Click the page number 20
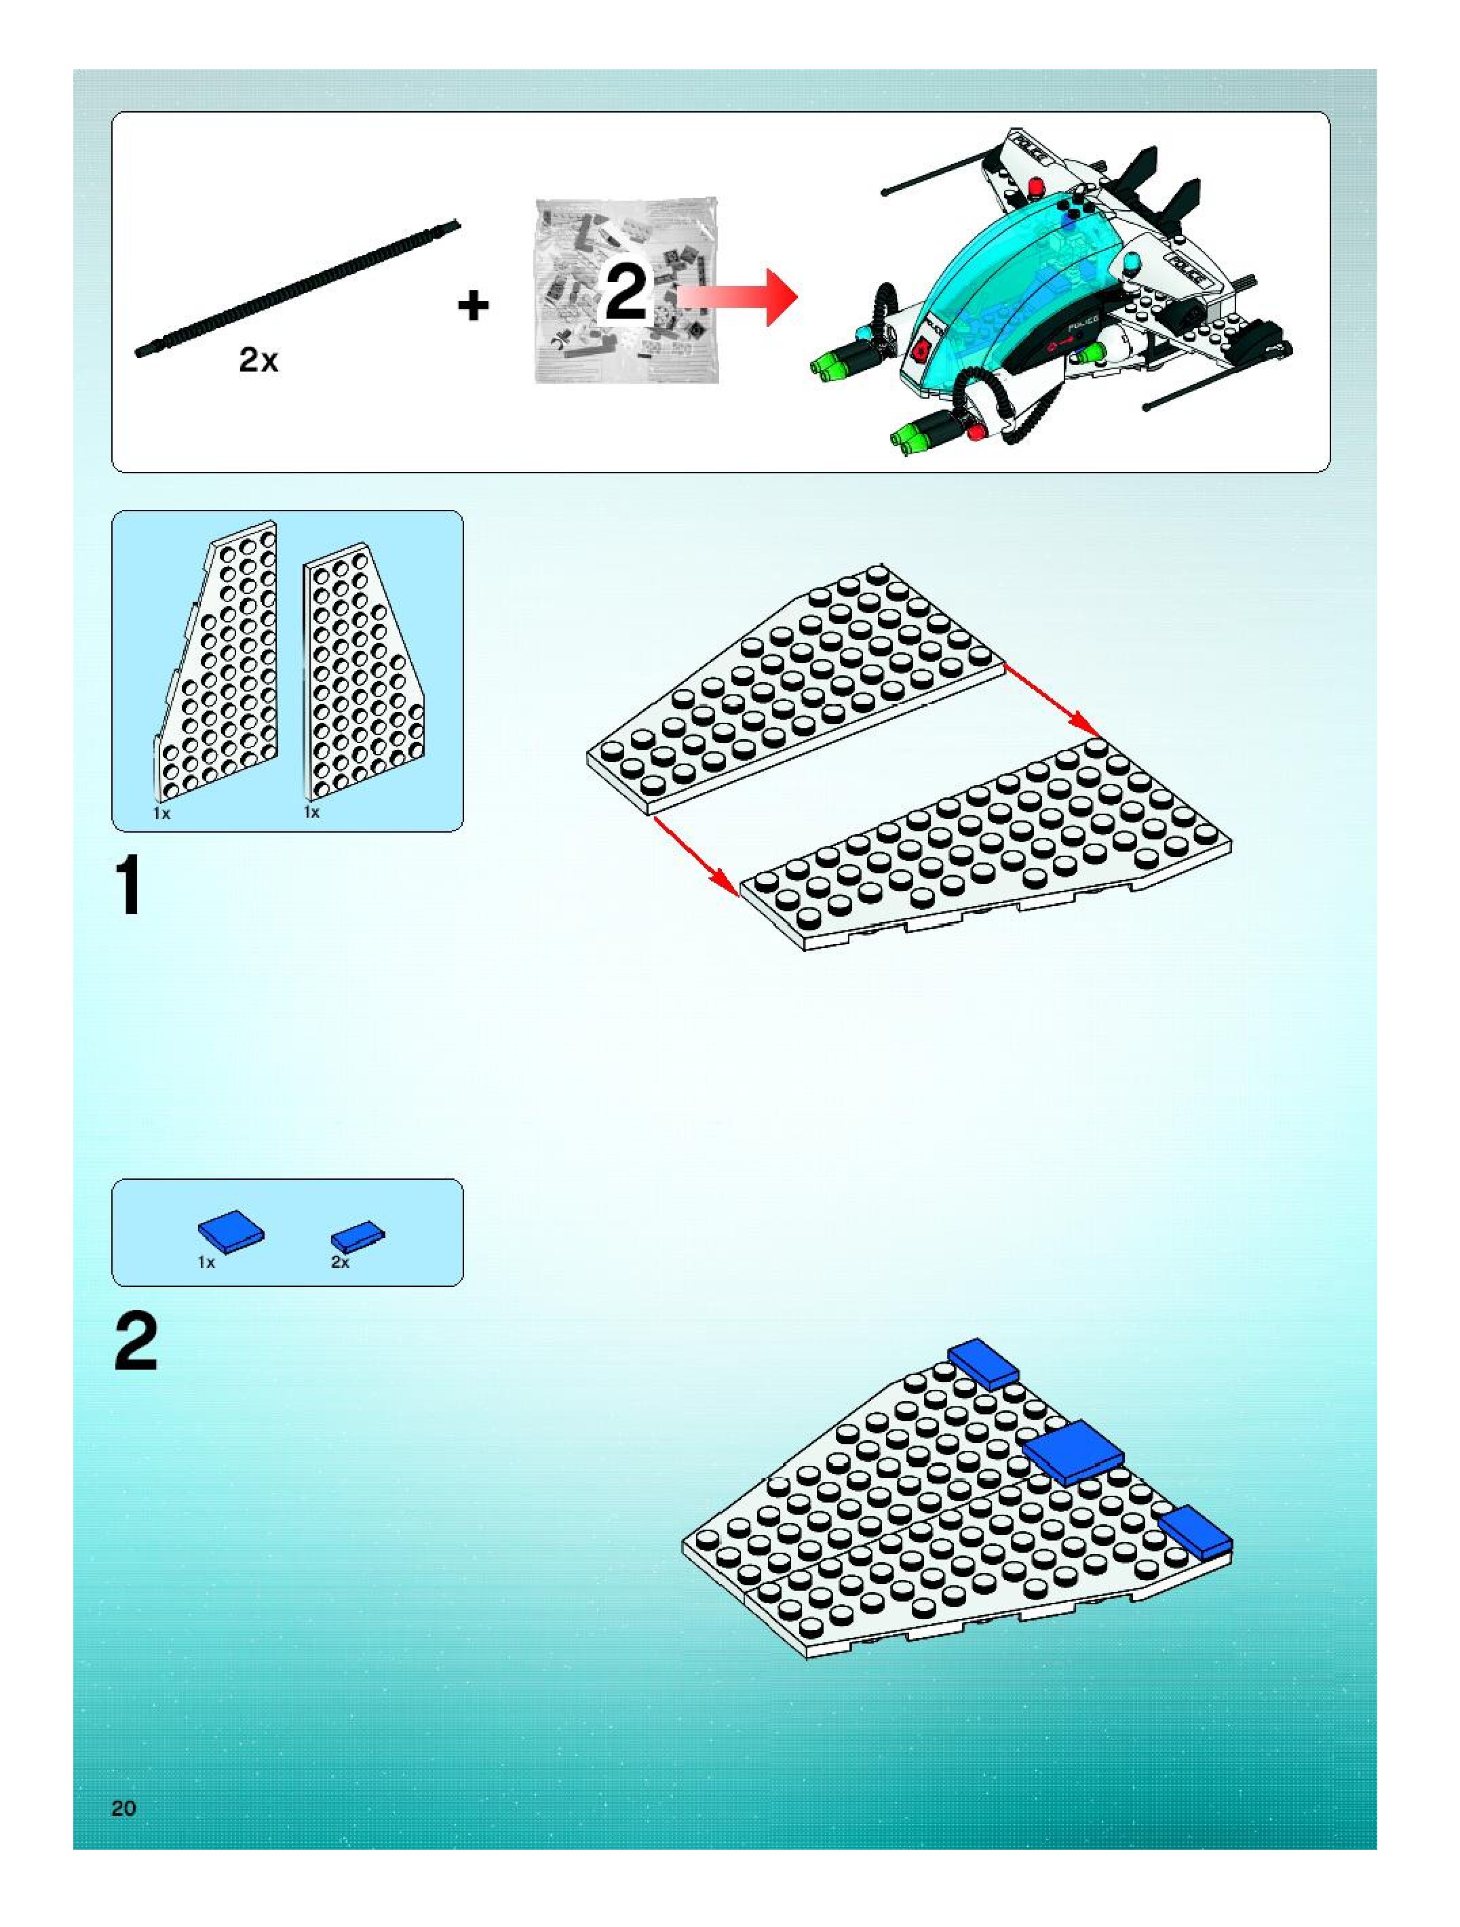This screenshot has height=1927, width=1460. pos(123,1808)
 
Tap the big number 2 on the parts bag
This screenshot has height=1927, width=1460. pos(626,293)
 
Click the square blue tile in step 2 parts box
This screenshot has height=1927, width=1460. pos(231,1231)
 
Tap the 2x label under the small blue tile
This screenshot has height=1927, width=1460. pos(340,1263)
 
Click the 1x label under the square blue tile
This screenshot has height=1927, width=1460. pos(206,1263)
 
